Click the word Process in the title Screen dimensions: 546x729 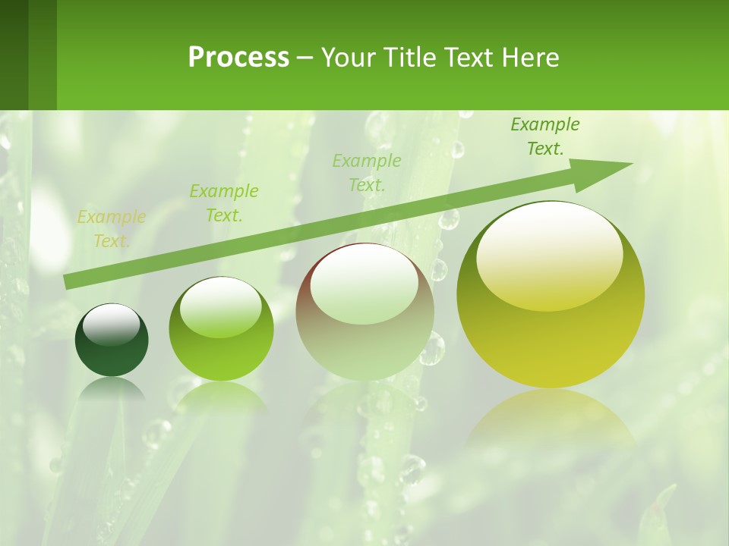(238, 57)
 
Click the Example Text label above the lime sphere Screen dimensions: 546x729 (224, 203)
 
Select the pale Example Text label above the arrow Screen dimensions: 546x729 (367, 172)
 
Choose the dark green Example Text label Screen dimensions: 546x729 (545, 136)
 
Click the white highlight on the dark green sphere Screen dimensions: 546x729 (111, 325)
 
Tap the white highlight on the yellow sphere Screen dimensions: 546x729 (549, 254)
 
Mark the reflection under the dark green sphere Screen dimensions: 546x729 (112, 391)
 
